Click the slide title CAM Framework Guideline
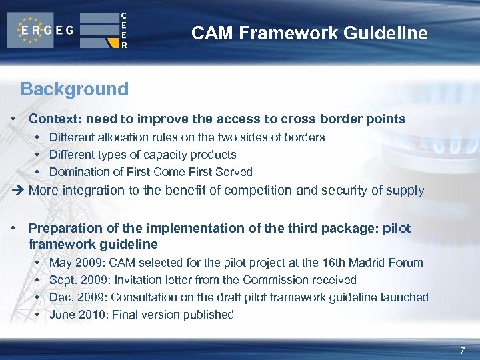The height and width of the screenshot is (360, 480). point(309,33)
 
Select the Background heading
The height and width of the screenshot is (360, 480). point(74,89)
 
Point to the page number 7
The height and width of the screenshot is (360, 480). point(461,351)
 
